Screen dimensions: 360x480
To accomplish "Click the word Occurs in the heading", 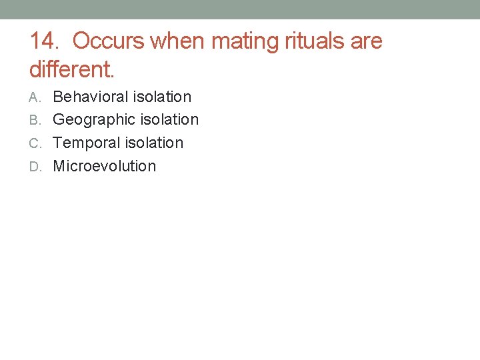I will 109,41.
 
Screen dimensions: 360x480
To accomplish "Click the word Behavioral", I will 90,97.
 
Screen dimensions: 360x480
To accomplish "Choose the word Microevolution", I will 104,166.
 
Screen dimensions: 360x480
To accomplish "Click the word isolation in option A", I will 162,97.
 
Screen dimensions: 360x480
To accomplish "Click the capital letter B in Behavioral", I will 57,97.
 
